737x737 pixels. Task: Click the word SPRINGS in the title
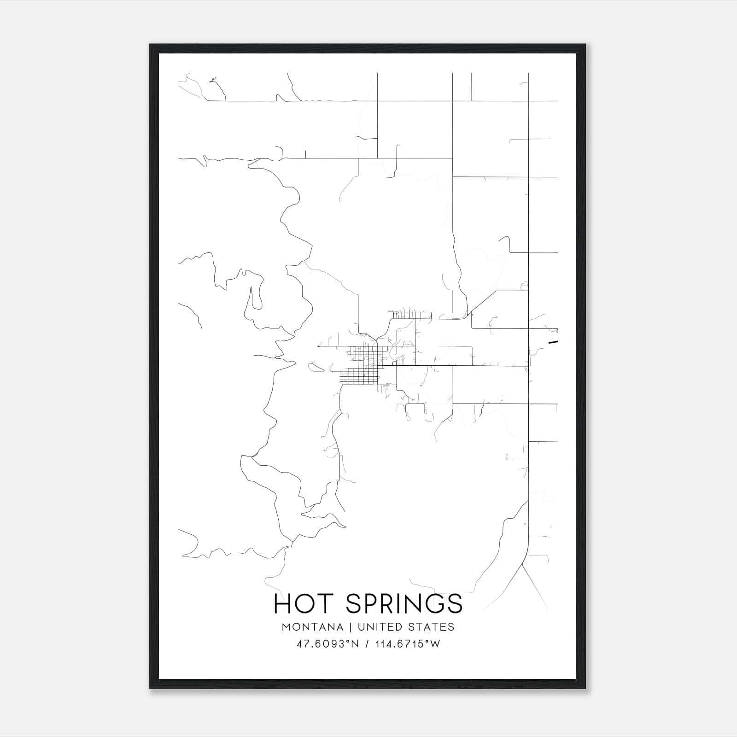[404, 604]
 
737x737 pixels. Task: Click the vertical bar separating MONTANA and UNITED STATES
[351, 627]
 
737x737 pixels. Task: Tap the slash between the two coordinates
[367, 644]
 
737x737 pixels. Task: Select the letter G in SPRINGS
[433, 604]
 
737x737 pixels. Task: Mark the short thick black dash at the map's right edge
[553, 342]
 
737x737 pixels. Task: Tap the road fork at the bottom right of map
[524, 564]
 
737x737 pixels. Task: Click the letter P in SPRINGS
[370, 604]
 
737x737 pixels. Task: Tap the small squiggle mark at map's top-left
[212, 81]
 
